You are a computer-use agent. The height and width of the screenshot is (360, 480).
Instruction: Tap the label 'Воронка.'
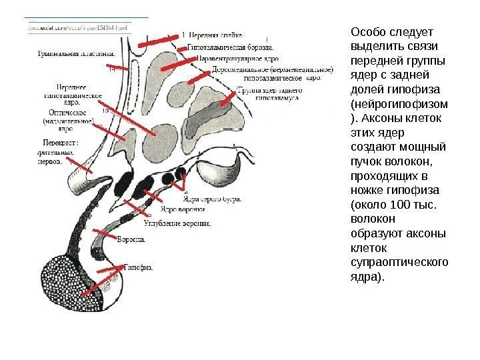pyautogui.click(x=131, y=239)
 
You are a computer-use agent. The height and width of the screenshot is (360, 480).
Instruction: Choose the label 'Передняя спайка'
pyautogui.click(x=215, y=34)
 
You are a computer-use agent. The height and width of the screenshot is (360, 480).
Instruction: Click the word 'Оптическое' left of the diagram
pyautogui.click(x=64, y=113)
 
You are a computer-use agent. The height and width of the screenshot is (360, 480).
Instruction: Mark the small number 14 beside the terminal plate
pyautogui.click(x=111, y=69)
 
